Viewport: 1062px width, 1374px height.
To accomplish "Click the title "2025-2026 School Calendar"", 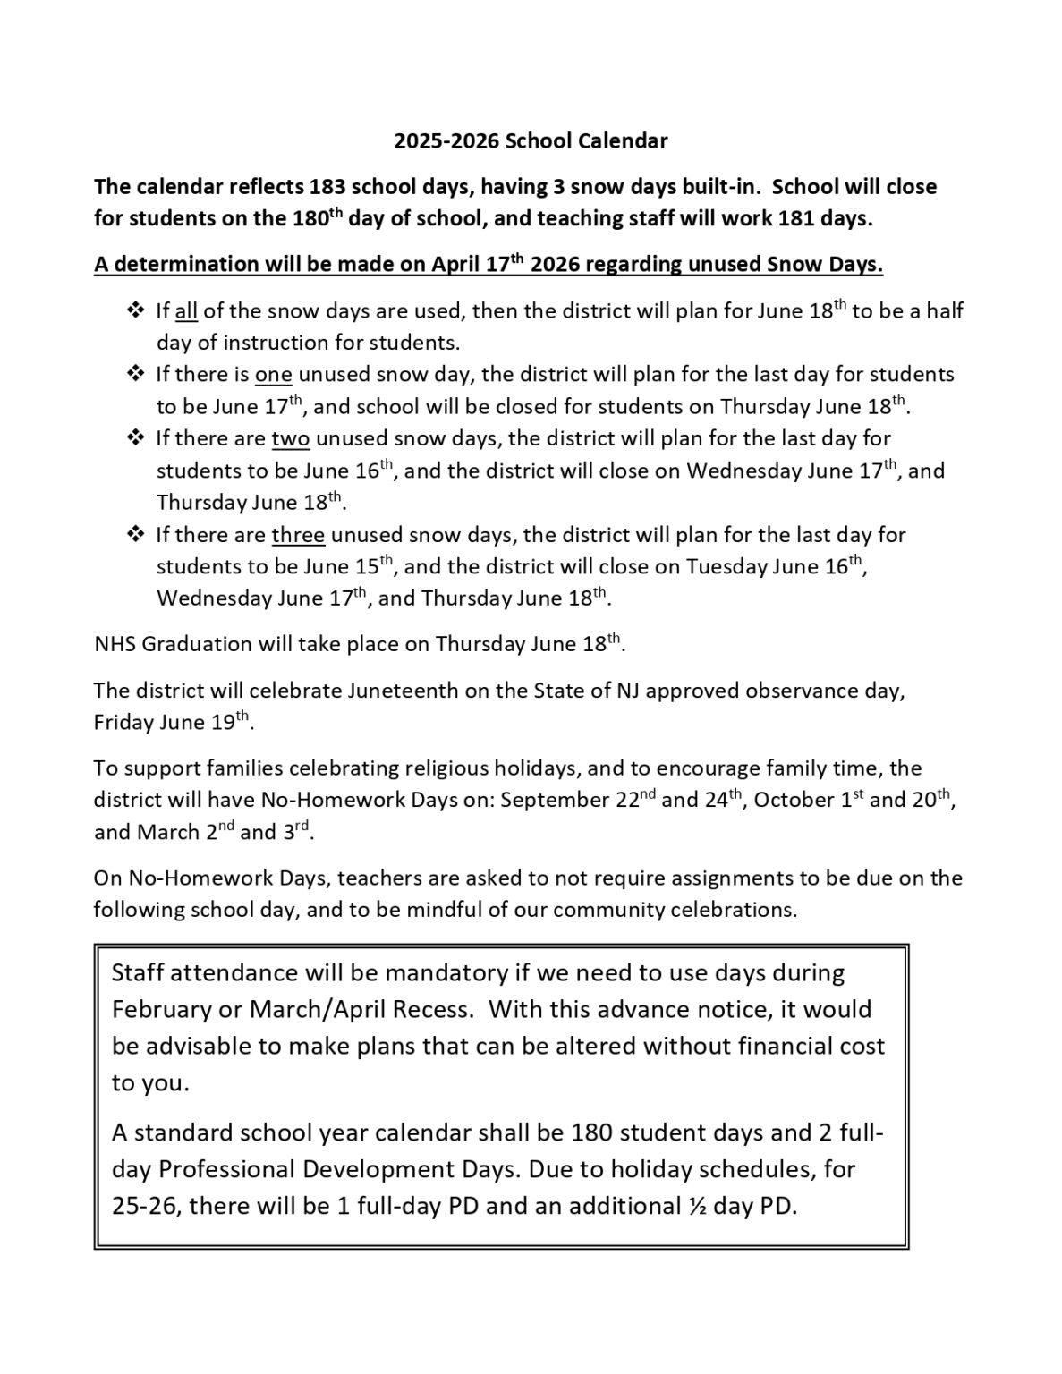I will tap(531, 141).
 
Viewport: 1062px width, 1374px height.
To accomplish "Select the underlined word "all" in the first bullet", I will tap(186, 311).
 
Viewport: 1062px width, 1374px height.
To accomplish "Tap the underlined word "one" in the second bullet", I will tap(274, 374).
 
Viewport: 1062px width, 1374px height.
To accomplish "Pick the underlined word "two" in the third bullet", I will tap(291, 438).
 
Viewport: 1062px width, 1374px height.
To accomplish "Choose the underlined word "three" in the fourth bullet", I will tap(298, 535).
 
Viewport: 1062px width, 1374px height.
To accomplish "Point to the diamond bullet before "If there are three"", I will tap(136, 535).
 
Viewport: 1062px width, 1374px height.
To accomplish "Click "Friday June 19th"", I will tap(171, 723).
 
